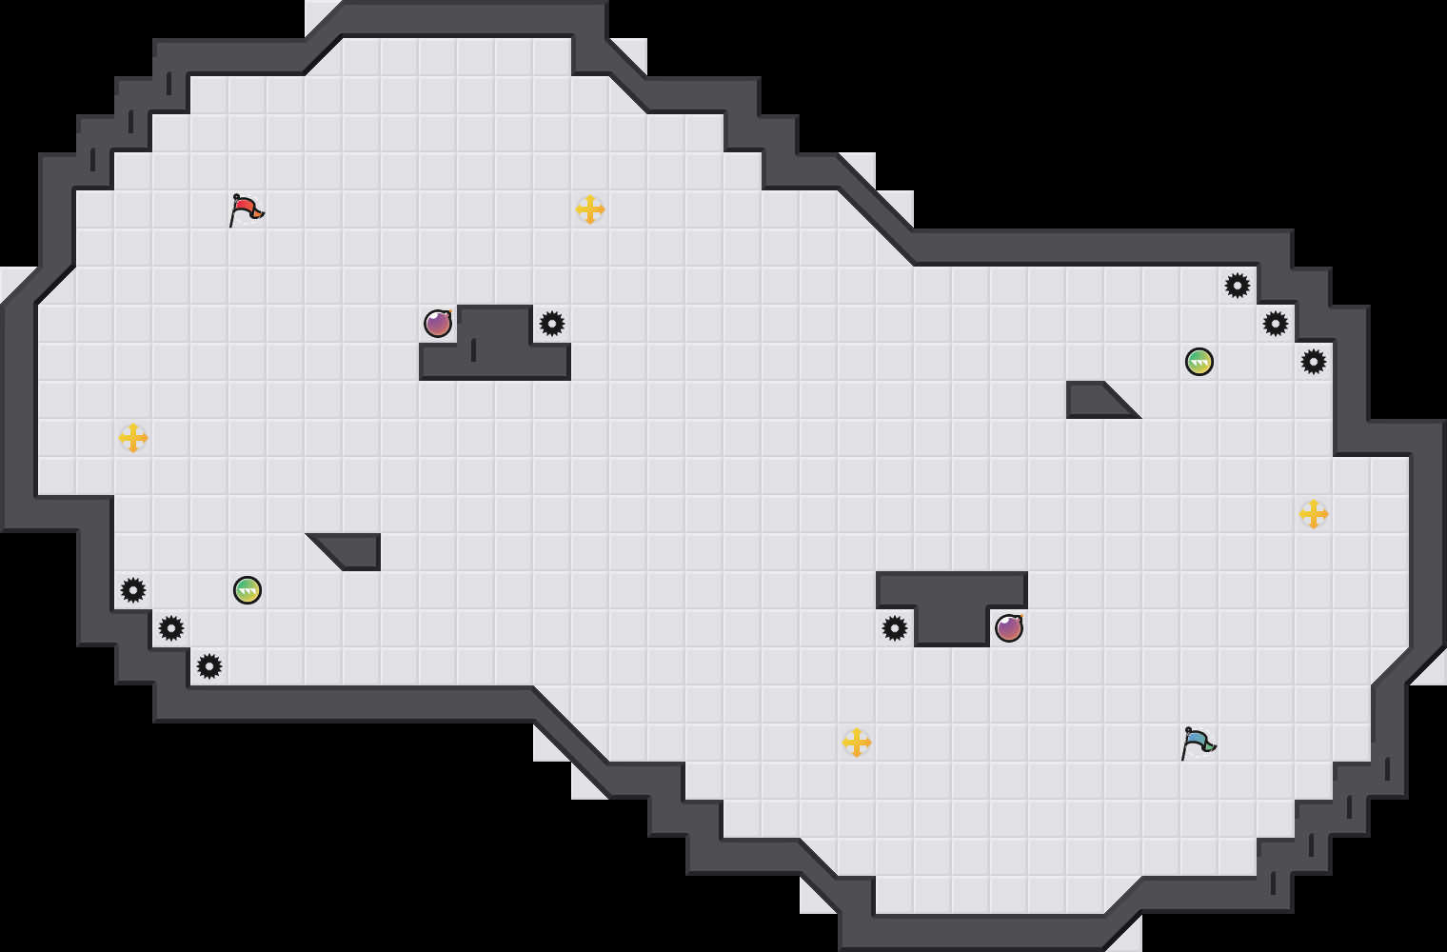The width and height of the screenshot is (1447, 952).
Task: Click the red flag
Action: pyautogui.click(x=246, y=208)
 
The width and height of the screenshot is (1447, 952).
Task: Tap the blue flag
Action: pyautogui.click(x=1198, y=742)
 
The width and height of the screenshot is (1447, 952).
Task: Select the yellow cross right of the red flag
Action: pyautogui.click(x=590, y=209)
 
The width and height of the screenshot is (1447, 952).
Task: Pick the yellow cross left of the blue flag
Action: pyautogui.click(x=857, y=743)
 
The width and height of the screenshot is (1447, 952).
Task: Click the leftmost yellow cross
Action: pyautogui.click(x=133, y=438)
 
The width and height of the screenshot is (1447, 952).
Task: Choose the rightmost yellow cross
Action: pyautogui.click(x=1314, y=514)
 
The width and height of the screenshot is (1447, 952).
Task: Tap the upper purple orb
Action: pyautogui.click(x=438, y=324)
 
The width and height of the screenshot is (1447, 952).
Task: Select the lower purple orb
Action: pyautogui.click(x=1009, y=628)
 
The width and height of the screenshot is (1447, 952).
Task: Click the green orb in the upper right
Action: pyautogui.click(x=1199, y=362)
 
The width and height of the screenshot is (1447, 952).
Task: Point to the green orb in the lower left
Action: pyautogui.click(x=248, y=590)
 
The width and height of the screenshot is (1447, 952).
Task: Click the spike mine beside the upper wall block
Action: pyautogui.click(x=552, y=324)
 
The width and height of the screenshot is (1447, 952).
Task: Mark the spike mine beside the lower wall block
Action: pyautogui.click(x=895, y=628)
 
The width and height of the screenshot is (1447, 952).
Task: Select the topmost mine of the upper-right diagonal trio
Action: pyautogui.click(x=1238, y=286)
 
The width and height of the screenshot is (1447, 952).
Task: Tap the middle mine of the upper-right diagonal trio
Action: pyautogui.click(x=1276, y=324)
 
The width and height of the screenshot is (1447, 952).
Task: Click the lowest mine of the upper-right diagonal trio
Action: pyautogui.click(x=1314, y=362)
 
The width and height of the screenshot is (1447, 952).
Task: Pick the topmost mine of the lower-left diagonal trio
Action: pyautogui.click(x=133, y=590)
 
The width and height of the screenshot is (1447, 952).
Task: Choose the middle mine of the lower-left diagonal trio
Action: pyautogui.click(x=171, y=628)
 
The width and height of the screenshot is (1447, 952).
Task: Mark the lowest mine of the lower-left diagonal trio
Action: pyautogui.click(x=209, y=666)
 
